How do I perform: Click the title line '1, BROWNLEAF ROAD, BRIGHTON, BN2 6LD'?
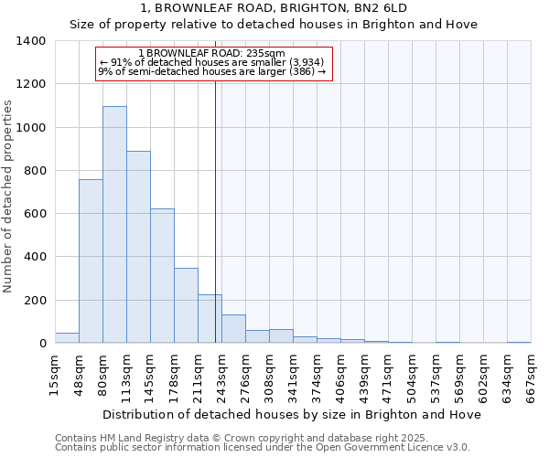point(274,8)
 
